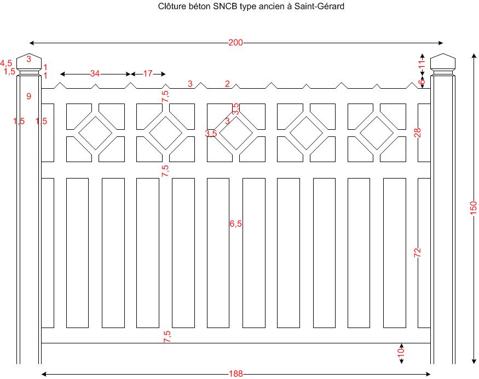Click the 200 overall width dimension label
click(x=235, y=43)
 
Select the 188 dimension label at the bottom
click(x=235, y=374)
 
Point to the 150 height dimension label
click(x=474, y=208)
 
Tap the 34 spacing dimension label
click(x=95, y=74)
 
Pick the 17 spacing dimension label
click(x=148, y=74)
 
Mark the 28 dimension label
click(x=418, y=133)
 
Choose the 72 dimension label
click(x=418, y=252)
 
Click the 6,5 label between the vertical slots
click(x=235, y=223)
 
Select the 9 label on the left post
click(x=29, y=96)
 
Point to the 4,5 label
click(x=7, y=64)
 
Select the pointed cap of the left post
click(x=29, y=61)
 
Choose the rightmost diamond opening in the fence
click(x=377, y=133)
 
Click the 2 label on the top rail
click(x=227, y=84)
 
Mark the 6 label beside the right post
click(x=421, y=82)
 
